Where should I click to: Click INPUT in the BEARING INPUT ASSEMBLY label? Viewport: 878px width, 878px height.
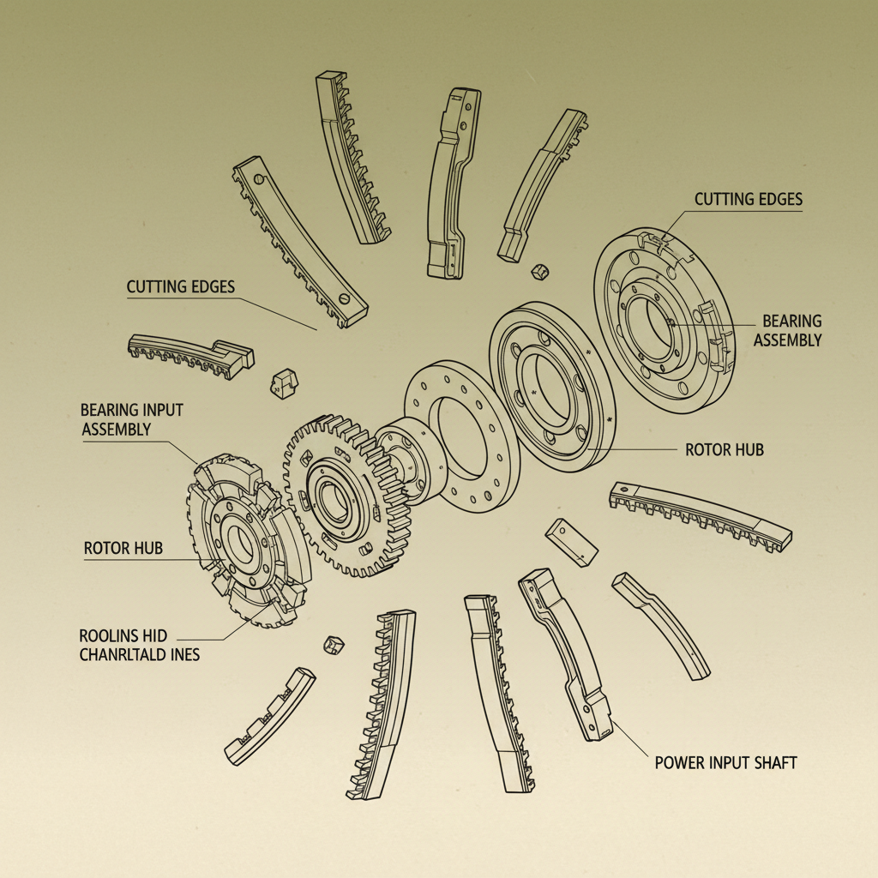pyautogui.click(x=160, y=410)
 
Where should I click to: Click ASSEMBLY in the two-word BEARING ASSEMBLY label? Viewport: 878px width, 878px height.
pyautogui.click(x=788, y=340)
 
